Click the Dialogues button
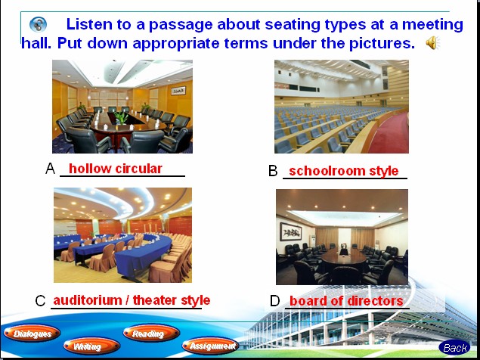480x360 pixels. pos(32,334)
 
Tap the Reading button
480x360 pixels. pos(151,333)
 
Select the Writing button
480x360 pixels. pos(91,346)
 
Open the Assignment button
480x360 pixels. pos(210,346)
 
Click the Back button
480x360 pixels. pos(454,348)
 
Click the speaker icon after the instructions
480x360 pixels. pos(432,42)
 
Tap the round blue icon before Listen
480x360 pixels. pos(39,25)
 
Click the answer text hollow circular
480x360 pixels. pos(116,169)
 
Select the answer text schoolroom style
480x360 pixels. pos(344,171)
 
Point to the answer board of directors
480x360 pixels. pos(346,301)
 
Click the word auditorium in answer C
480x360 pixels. pos(88,300)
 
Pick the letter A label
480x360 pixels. pos(50,169)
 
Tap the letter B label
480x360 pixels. pos(273,171)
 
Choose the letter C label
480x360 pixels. pos(40,301)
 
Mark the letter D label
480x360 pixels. pos(274,301)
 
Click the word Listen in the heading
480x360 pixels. pos(89,24)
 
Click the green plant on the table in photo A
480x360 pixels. pos(121,117)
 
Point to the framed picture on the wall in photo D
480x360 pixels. pos(290,231)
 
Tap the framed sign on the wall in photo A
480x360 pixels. pos(178,91)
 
